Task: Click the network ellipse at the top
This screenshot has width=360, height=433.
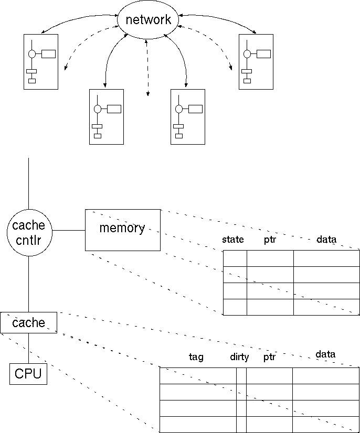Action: tap(148, 20)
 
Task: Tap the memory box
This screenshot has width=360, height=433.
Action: tap(122, 230)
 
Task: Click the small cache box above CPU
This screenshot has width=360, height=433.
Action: tap(28, 322)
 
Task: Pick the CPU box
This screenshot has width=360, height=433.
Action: tap(28, 374)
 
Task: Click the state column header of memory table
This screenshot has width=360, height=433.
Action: tap(233, 240)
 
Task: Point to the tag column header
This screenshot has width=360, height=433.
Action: tap(196, 357)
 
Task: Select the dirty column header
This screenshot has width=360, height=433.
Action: tap(239, 357)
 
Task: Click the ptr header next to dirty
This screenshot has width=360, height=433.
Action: tap(269, 357)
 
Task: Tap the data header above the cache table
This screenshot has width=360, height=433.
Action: tap(325, 354)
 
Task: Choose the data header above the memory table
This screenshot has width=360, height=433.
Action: tap(326, 240)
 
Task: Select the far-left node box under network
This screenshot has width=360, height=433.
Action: tap(41, 62)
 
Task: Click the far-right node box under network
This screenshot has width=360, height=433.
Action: tap(256, 62)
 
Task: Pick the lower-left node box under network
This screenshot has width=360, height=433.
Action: tap(107, 116)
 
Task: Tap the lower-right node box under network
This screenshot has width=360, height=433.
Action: tap(188, 116)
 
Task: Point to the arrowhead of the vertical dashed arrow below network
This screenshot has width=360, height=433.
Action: tap(147, 94)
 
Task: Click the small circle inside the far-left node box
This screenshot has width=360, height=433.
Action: tap(32, 53)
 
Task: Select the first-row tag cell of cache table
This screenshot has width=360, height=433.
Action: tap(197, 376)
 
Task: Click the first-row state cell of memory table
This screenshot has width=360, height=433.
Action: tap(235, 258)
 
